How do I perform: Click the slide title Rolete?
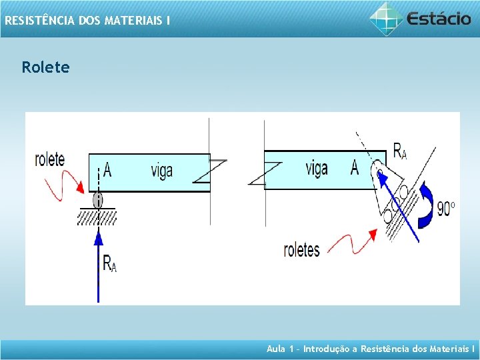point(45,67)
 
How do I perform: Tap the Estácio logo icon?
point(387,19)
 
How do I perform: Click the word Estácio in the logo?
point(439,19)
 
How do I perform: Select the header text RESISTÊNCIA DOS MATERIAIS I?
point(87,21)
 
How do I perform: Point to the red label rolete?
point(50,160)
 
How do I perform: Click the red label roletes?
point(301,250)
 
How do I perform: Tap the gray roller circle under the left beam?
point(98,199)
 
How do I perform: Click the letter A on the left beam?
point(107,171)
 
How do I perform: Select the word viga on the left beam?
point(161,171)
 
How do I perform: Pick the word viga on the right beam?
point(317,167)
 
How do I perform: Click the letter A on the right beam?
point(355,168)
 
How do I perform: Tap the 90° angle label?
point(446,209)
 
